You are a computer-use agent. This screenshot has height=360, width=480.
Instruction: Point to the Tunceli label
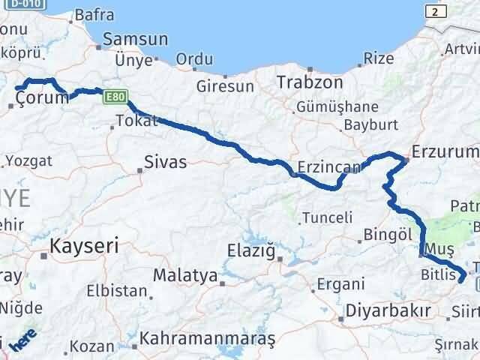click(327, 218)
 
